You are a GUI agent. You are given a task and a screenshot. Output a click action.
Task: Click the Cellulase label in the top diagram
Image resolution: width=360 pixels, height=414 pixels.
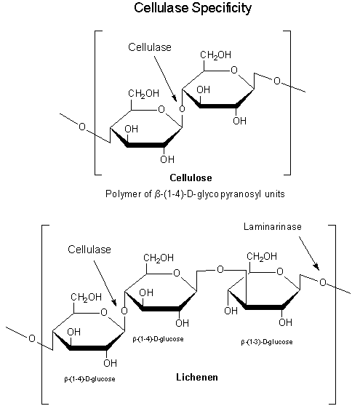(150, 47)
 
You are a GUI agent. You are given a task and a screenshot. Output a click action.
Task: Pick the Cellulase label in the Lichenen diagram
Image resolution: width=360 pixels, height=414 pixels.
(89, 249)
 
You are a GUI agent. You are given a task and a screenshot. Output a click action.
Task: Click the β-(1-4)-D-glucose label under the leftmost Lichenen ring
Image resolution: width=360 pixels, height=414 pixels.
(90, 379)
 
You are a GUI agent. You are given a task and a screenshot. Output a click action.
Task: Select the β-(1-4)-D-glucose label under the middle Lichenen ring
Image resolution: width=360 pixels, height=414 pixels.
(159, 339)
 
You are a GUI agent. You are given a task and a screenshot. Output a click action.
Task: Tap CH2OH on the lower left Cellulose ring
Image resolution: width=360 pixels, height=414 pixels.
(144, 93)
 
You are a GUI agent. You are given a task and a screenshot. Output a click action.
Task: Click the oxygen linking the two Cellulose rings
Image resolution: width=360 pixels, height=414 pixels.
(181, 111)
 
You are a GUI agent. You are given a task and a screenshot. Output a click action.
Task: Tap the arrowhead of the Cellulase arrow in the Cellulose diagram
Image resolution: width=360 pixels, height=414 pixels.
(175, 100)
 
